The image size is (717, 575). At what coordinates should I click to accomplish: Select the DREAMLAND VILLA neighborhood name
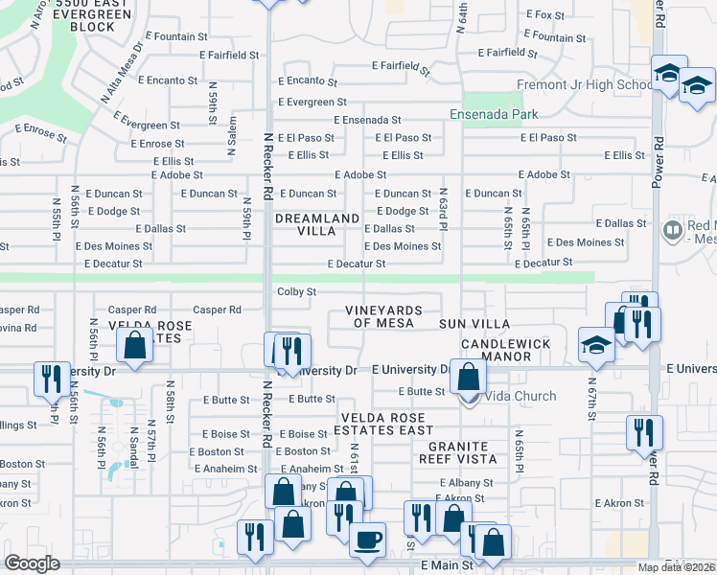[317, 224]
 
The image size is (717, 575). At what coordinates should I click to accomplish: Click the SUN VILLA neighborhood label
[474, 325]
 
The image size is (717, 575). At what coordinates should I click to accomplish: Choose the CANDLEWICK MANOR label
[506, 350]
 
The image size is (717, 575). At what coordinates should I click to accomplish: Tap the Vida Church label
[520, 397]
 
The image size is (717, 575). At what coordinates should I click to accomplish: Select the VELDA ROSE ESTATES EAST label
[383, 423]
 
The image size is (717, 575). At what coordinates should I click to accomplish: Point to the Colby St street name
[296, 291]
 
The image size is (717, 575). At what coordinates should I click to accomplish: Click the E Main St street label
[447, 566]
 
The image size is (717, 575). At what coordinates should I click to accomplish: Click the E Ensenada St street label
[367, 120]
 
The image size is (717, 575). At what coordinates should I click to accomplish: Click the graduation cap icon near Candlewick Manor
[596, 345]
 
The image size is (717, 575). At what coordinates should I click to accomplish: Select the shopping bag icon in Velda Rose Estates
[136, 346]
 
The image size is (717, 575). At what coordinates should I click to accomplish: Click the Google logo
[32, 563]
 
